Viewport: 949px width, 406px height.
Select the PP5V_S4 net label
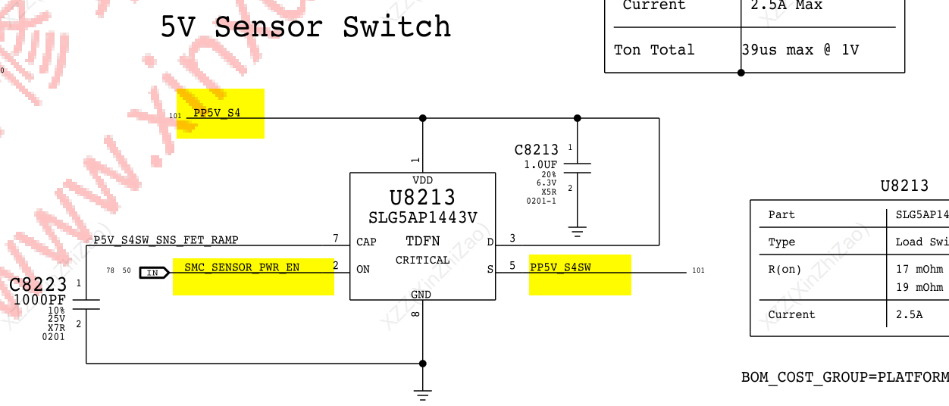[217, 113]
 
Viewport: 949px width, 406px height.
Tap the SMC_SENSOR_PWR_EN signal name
[242, 267]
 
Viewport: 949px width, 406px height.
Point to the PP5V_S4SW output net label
[560, 267]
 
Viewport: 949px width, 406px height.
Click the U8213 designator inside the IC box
[422, 198]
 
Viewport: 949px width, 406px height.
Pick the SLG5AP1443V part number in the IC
[422, 218]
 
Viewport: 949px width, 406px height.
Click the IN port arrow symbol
[153, 272]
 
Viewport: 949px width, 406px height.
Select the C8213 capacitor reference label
[536, 150]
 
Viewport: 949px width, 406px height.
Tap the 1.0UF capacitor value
[540, 164]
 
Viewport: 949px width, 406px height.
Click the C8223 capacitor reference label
[37, 286]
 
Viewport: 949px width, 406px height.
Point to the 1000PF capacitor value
[39, 301]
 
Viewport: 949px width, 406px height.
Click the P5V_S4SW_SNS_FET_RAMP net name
[165, 240]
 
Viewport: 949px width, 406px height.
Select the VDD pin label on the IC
[422, 180]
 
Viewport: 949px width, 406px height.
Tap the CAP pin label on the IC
[366, 242]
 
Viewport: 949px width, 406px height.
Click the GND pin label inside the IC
[421, 295]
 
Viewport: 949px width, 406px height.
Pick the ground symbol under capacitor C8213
[577, 232]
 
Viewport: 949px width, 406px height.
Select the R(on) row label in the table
[785, 269]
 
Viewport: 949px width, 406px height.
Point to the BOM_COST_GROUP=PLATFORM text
[844, 377]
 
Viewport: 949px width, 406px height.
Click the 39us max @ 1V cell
[800, 50]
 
